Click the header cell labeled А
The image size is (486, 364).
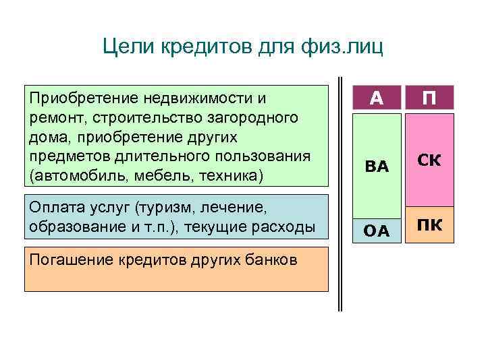tap(377, 98)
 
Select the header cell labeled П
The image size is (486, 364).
tap(429, 98)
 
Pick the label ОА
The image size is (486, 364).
tap(377, 231)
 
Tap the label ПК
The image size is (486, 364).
tap(429, 224)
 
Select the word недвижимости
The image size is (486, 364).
tap(192, 99)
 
